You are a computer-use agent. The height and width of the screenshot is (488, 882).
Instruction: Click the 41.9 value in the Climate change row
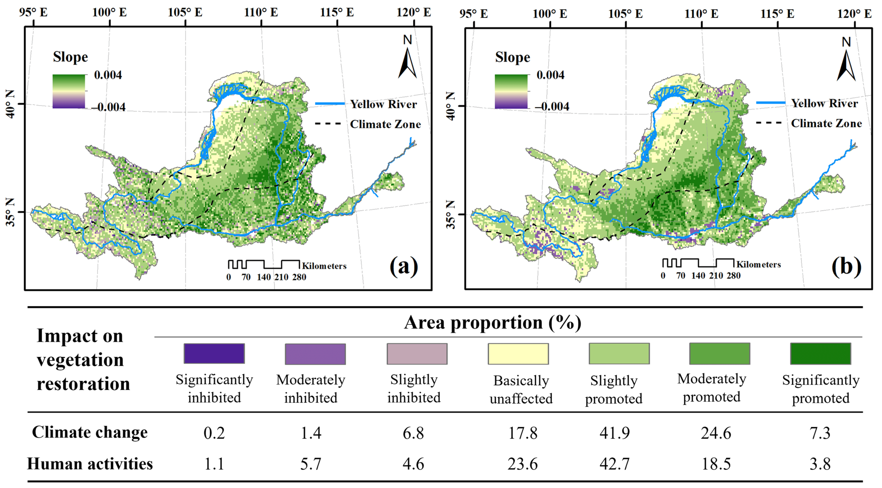pyautogui.click(x=615, y=433)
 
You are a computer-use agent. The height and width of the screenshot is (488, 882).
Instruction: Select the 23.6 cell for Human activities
pyautogui.click(x=523, y=464)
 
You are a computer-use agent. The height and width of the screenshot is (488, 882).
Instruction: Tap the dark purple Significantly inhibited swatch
pyautogui.click(x=214, y=353)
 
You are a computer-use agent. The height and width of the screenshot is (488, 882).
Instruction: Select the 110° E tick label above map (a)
pyautogui.click(x=261, y=12)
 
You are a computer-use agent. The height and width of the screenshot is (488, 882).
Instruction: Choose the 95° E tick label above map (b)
pyautogui.click(x=473, y=14)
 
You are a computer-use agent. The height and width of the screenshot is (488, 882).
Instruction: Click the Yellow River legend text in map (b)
pyautogui.click(x=824, y=103)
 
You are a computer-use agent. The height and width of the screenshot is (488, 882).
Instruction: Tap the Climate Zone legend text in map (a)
pyautogui.click(x=385, y=124)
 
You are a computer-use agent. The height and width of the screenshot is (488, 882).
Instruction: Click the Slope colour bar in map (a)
pyautogui.click(x=69, y=91)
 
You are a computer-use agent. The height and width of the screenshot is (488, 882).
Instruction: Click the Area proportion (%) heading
pyautogui.click(x=492, y=322)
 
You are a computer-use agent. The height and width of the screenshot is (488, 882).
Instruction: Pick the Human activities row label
pyautogui.click(x=90, y=464)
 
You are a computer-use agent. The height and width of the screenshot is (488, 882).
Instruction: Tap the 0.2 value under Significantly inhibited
pyautogui.click(x=214, y=433)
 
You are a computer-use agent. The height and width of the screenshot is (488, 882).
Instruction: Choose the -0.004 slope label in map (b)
pyautogui.click(x=552, y=106)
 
